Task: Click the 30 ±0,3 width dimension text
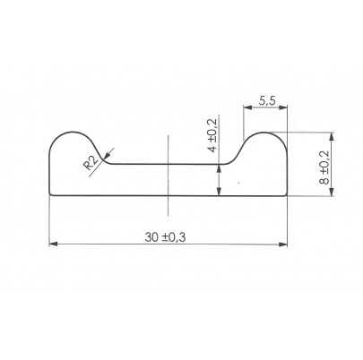pos(165,237)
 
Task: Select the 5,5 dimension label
pos(267,101)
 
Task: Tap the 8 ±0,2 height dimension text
pos(324,167)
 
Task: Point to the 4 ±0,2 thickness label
pos(213,134)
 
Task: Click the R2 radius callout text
pos(91,163)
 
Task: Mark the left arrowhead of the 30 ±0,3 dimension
pos(53,244)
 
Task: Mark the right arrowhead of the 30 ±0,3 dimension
pos(282,244)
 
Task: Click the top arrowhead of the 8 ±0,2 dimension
pos(331,137)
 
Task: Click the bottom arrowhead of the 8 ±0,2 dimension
pos(331,192)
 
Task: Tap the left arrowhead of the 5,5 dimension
pos(247,107)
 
